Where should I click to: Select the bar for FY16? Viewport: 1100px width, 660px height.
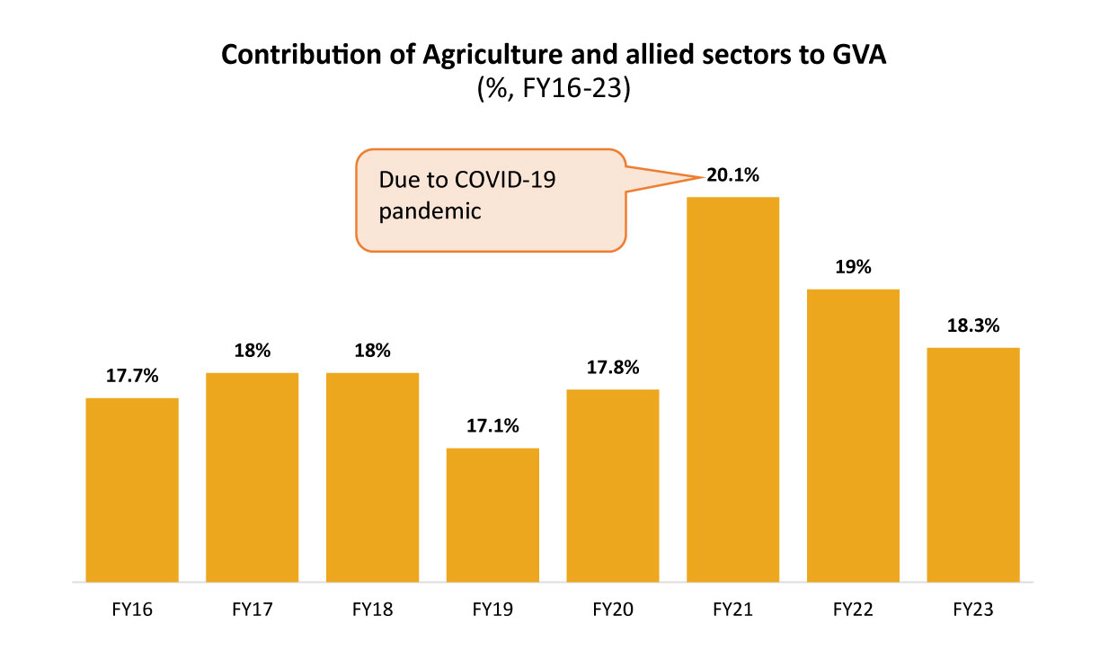(x=132, y=490)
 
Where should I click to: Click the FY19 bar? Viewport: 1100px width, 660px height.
(x=492, y=515)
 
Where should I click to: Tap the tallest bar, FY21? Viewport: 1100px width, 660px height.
(x=732, y=389)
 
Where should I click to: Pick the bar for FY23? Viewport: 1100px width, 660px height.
(x=973, y=465)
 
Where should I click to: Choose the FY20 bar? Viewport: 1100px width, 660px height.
(x=613, y=486)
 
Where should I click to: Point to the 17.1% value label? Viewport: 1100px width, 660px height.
(x=492, y=426)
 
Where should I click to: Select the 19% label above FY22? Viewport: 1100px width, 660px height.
(x=853, y=267)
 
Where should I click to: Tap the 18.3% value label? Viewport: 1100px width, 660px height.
(x=973, y=326)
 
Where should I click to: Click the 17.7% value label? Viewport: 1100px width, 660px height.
(x=132, y=376)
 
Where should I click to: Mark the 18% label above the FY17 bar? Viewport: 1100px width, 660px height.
(x=252, y=351)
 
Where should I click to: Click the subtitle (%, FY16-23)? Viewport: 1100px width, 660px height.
(x=553, y=91)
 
